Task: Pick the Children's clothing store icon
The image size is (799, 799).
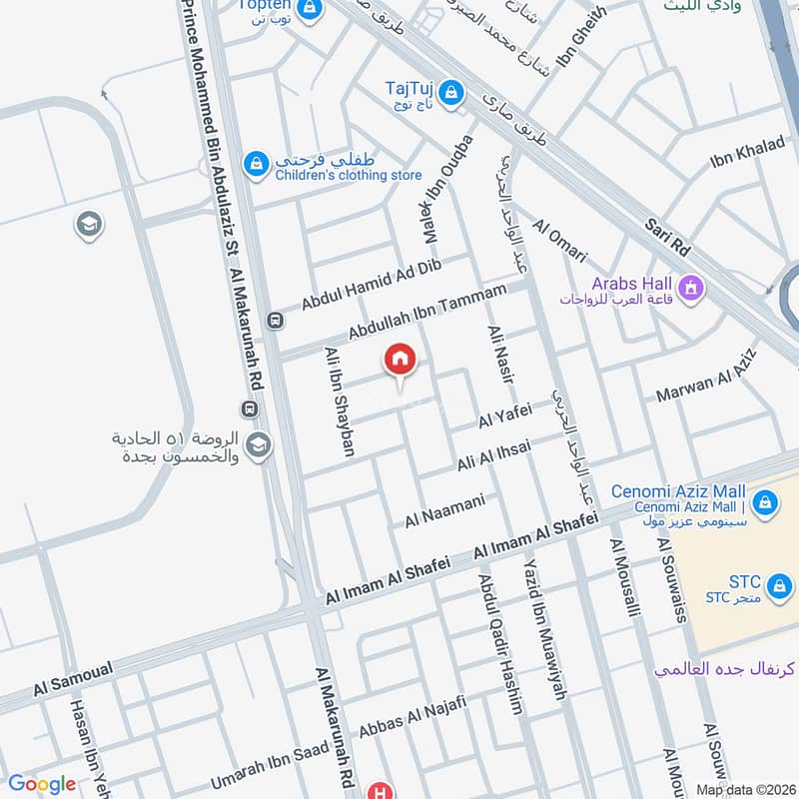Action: pyautogui.click(x=257, y=162)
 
